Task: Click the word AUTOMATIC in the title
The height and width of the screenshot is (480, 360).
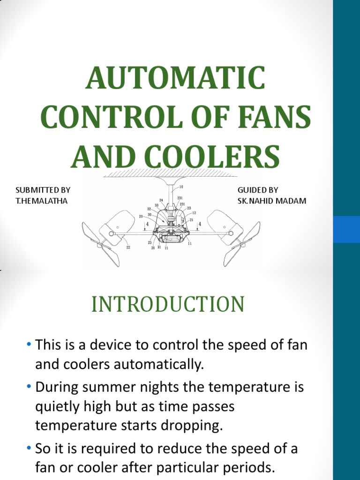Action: click(175, 78)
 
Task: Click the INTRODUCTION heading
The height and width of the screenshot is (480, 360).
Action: click(168, 304)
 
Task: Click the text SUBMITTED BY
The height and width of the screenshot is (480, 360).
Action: click(43, 190)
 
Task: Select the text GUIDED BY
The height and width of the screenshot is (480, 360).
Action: click(258, 190)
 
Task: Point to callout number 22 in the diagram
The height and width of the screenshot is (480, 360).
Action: click(128, 247)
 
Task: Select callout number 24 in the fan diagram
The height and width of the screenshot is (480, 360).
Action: click(161, 200)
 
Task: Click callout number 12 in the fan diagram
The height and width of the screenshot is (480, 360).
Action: click(194, 212)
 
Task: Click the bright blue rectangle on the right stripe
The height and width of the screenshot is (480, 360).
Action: click(346, 229)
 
